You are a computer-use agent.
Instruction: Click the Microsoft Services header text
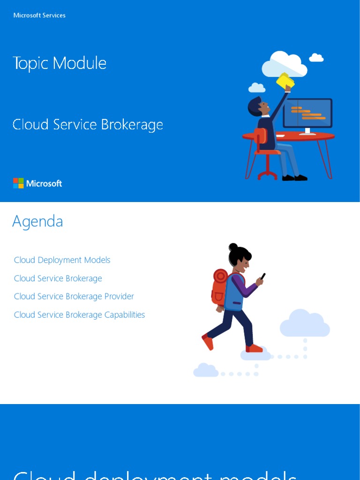point(39,15)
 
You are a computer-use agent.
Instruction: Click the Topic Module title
point(60,63)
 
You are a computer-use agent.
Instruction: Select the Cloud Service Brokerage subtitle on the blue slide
point(88,125)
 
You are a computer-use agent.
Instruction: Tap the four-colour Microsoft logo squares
point(18,183)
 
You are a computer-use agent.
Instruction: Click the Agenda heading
point(37,221)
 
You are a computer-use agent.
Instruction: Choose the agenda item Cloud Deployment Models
point(62,260)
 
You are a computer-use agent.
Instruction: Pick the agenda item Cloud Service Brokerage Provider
point(74,296)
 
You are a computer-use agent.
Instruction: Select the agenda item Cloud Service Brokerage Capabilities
point(79,315)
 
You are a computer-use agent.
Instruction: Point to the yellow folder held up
point(285,81)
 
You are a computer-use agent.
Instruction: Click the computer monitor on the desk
point(307,113)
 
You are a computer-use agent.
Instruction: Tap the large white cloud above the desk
point(285,64)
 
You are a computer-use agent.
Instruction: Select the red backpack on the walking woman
point(219,286)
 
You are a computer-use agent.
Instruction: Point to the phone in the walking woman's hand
point(262,277)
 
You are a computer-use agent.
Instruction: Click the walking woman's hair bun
point(233,247)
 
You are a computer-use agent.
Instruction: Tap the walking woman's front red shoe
point(255,348)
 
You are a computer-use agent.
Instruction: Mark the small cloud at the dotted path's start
point(206,370)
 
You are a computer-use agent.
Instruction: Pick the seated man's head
point(258,107)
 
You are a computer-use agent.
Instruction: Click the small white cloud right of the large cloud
point(316,58)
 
